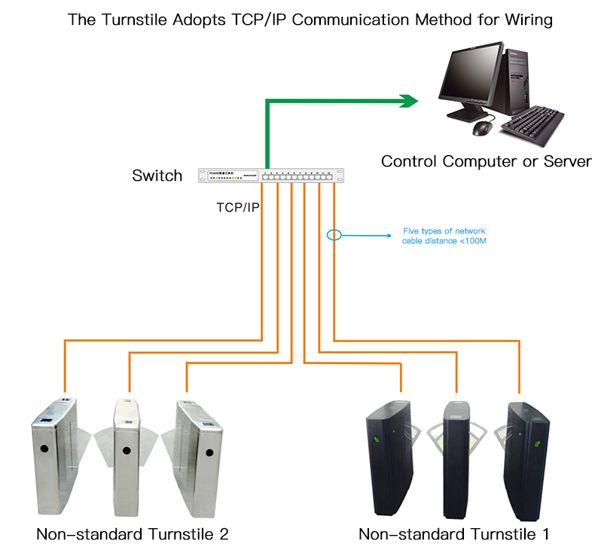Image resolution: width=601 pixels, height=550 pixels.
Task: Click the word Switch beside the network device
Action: (157, 176)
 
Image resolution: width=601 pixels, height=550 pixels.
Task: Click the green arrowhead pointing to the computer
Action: (409, 101)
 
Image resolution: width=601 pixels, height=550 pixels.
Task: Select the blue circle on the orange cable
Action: (334, 234)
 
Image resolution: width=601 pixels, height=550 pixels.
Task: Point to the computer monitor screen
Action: (471, 76)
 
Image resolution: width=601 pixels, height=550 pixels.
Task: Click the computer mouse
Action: (481, 129)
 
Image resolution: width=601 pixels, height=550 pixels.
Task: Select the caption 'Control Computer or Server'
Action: (486, 160)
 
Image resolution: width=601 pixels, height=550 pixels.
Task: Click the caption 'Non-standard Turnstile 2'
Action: (132, 534)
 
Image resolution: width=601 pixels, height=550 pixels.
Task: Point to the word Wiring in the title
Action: (528, 20)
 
